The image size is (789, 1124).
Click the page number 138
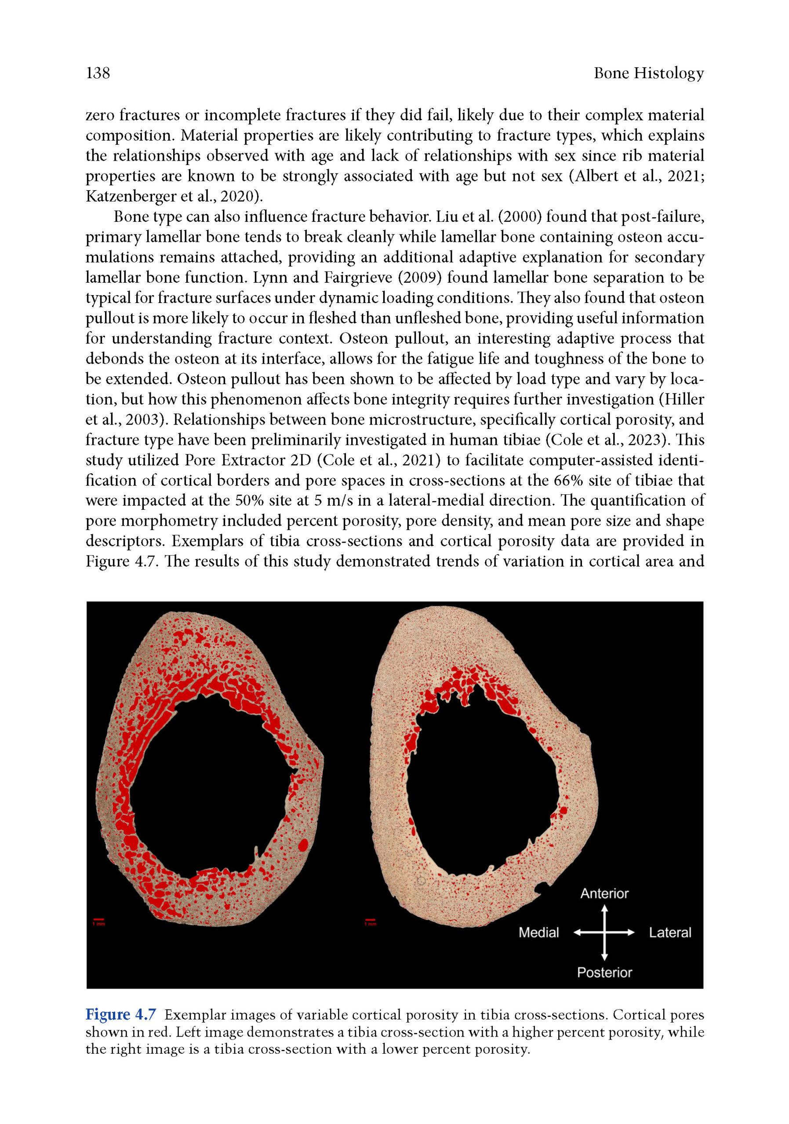coord(98,73)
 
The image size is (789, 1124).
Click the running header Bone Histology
coord(648,73)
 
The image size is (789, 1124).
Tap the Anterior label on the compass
coord(604,893)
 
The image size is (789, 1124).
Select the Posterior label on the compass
coord(604,972)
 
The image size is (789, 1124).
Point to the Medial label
coord(538,933)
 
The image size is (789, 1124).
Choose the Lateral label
coord(669,933)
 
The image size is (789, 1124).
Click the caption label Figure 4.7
coord(120,1014)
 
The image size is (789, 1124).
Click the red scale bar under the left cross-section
coord(99,919)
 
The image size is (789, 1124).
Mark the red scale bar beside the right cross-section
coord(370,919)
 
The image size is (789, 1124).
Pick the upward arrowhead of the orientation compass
coord(604,908)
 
